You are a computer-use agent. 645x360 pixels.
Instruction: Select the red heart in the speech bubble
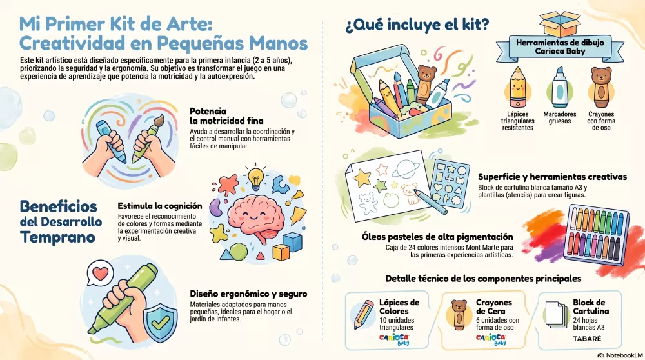point(101,273)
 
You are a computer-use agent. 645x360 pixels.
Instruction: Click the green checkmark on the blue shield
point(160,323)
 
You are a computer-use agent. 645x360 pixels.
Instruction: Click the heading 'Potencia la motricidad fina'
point(226,116)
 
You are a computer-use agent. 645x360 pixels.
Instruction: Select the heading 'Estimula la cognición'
point(159,206)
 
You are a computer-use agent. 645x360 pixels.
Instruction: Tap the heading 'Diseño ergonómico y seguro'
point(248,294)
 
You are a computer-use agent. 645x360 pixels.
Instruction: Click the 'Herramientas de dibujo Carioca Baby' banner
point(560,47)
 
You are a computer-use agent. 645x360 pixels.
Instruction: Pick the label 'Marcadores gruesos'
point(559,117)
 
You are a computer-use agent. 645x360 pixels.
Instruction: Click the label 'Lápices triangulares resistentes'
point(517,121)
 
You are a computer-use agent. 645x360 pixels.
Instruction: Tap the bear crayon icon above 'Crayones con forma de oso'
point(601,87)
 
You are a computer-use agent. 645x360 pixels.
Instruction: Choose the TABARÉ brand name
point(587,339)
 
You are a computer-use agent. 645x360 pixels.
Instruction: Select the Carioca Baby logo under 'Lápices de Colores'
point(394,339)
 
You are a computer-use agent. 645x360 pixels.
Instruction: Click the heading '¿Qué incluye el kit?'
point(417,25)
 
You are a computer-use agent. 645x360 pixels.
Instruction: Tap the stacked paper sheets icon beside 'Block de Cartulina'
point(556,314)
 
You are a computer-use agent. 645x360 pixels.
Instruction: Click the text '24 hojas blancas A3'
point(589,324)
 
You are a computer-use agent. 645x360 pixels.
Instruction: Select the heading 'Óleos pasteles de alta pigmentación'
point(437,237)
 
